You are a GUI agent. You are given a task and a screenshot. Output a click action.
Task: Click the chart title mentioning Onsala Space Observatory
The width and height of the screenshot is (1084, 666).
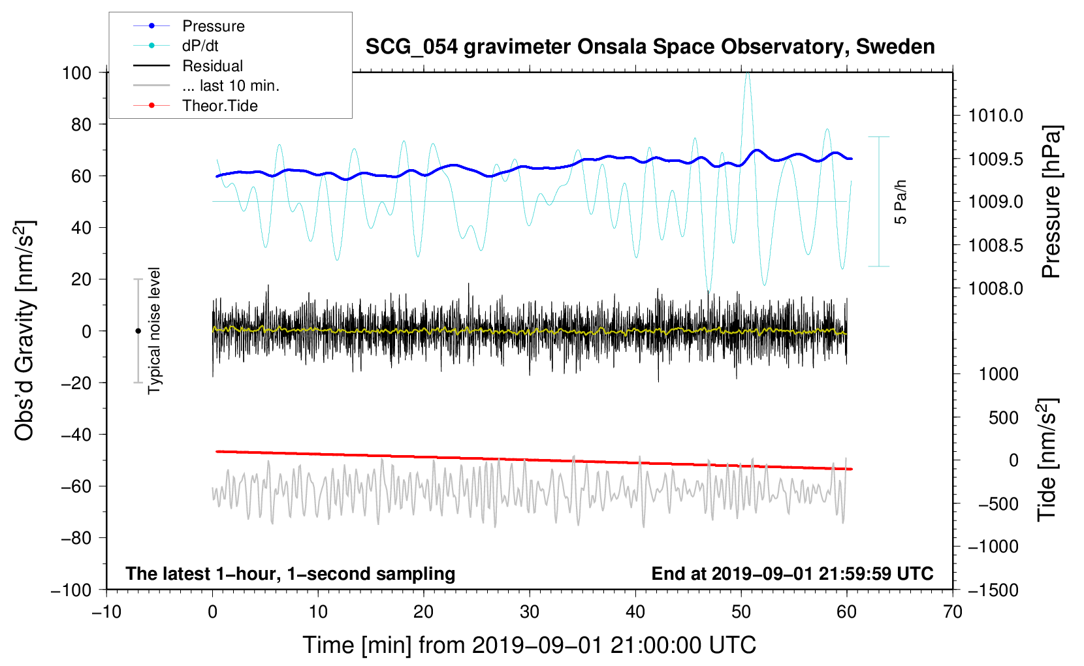click(650, 47)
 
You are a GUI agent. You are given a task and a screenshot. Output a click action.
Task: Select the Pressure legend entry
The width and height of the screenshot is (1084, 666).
click(189, 25)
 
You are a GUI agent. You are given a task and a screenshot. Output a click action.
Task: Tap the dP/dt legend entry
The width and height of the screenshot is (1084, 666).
click(176, 46)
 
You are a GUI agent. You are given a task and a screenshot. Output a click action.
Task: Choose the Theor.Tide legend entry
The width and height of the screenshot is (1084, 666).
click(195, 106)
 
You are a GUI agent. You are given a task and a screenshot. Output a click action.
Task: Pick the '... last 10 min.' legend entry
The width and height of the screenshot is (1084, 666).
click(206, 86)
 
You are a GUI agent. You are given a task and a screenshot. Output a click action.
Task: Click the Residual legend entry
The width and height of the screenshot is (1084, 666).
click(188, 66)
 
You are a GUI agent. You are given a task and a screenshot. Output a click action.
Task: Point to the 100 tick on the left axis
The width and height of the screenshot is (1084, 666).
click(77, 73)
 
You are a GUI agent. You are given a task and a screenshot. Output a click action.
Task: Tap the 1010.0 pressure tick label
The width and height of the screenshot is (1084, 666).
click(995, 116)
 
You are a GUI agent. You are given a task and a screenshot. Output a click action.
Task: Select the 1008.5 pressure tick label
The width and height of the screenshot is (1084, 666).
click(995, 246)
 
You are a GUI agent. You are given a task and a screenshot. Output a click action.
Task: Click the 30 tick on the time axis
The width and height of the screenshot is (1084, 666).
click(530, 612)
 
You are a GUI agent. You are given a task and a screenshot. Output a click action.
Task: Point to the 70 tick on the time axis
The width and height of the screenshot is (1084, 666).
click(953, 612)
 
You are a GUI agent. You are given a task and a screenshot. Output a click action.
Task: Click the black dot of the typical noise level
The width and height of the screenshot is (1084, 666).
click(138, 331)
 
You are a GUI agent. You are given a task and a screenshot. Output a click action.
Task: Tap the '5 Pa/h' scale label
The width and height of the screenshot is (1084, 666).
click(901, 202)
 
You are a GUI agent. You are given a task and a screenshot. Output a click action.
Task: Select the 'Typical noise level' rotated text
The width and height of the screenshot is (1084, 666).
click(154, 331)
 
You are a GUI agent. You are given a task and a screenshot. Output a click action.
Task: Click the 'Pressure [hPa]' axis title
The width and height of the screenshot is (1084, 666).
click(1051, 202)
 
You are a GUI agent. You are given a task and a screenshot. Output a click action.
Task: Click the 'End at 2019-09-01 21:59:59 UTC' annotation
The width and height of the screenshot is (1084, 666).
click(792, 573)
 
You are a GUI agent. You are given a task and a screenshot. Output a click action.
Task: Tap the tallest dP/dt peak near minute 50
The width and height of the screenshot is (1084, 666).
click(748, 74)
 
